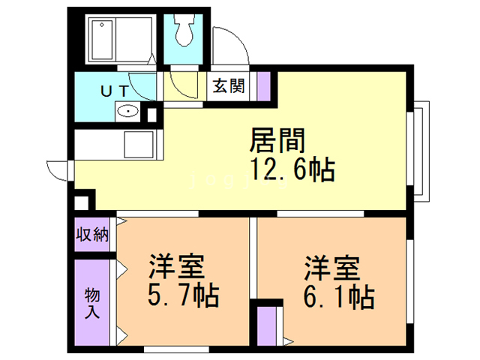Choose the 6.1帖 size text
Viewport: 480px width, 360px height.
point(337,296)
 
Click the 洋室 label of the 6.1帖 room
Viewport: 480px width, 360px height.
point(332,268)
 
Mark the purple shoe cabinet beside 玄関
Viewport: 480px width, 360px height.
point(263,85)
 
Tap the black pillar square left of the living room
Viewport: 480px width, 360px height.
point(82,202)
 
